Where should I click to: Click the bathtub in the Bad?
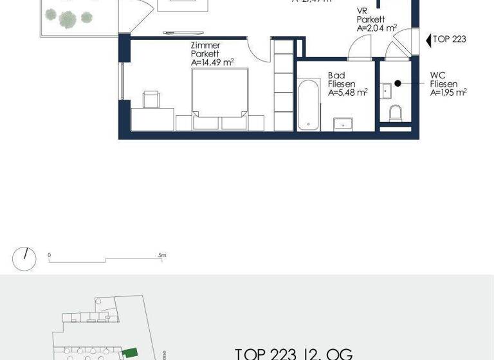[x=309, y=104]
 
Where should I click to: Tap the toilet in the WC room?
[x=396, y=114]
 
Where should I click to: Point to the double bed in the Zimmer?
[x=221, y=100]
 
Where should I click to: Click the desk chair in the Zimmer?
[x=151, y=100]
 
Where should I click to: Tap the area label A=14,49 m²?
[x=212, y=63]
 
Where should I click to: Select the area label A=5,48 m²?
[x=347, y=93]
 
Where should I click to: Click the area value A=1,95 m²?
[x=448, y=93]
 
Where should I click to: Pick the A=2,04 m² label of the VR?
[x=377, y=28]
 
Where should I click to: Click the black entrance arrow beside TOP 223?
[x=428, y=40]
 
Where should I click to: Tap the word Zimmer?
[x=205, y=46]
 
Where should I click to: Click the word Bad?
[x=336, y=76]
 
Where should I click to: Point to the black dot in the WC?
[x=398, y=84]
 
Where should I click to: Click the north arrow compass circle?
[x=24, y=258]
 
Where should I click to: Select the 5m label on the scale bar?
[x=162, y=255]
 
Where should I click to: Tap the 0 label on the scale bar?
[x=49, y=255]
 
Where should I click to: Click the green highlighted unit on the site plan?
[x=131, y=352]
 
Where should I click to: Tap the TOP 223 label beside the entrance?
[x=449, y=39]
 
